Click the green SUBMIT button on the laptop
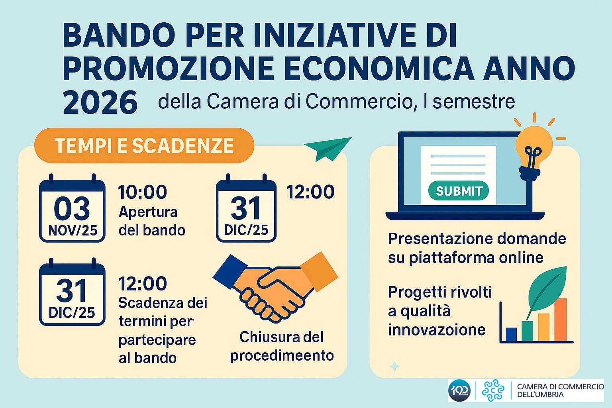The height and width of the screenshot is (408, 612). (x=459, y=191)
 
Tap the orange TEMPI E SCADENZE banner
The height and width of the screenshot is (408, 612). (x=144, y=145)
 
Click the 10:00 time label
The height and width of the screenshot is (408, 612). (x=142, y=192)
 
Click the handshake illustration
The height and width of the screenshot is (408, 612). (x=275, y=287)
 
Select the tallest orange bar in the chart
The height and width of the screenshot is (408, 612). (x=561, y=320)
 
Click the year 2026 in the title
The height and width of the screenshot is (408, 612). (x=100, y=103)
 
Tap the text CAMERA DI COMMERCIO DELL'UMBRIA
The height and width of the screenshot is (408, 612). (x=560, y=390)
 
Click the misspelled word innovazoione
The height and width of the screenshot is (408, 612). (x=437, y=330)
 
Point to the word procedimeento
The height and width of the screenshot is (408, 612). (x=282, y=356)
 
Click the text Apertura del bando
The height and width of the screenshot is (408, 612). (x=152, y=221)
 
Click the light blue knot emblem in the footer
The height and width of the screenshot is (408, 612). (x=493, y=390)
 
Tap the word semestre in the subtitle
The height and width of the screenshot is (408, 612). (x=474, y=102)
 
